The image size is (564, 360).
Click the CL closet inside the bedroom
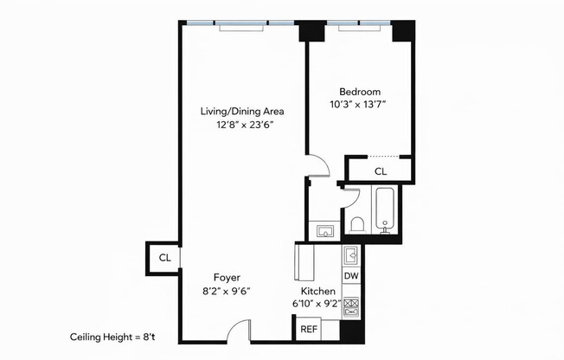tap(381, 171)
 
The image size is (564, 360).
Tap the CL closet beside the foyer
tap(164, 258)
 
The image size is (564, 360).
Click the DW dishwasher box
tap(350, 276)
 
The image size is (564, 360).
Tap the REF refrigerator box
tap(308, 329)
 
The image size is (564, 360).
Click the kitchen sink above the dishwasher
tap(350, 255)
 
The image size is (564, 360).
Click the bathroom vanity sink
tap(325, 230)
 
